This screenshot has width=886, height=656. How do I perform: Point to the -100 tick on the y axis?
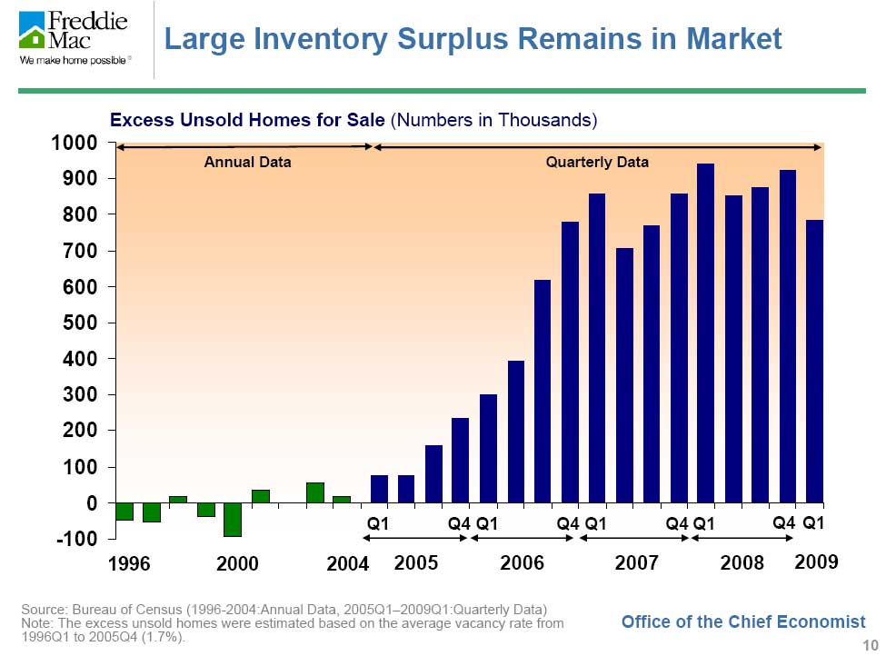[x=76, y=539]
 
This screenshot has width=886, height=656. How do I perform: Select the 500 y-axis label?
[x=78, y=323]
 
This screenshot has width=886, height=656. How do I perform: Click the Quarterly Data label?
[x=597, y=163]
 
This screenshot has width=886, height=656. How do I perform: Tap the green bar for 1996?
[x=124, y=512]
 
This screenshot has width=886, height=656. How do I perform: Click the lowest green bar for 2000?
[x=233, y=519]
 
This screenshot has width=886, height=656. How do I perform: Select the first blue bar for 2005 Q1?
[x=379, y=489]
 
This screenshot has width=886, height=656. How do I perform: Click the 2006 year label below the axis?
[x=523, y=564]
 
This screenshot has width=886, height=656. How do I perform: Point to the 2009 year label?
[x=816, y=563]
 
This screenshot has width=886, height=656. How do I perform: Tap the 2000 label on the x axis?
[x=238, y=564]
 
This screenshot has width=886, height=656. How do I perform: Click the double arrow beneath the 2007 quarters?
[x=633, y=539]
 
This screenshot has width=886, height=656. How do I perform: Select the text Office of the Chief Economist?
[x=743, y=621]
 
